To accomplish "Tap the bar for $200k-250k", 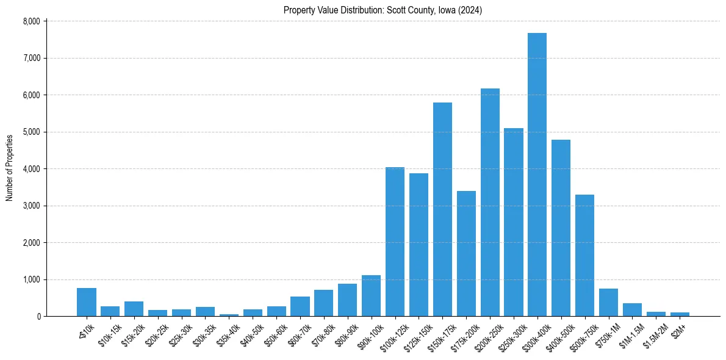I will pyautogui.click(x=490, y=202).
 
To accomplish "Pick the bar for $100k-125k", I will pyautogui.click(x=395, y=242).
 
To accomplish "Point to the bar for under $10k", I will pyautogui.click(x=87, y=302).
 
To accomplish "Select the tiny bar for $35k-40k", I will pyautogui.click(x=229, y=315).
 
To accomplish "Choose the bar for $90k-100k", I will pyautogui.click(x=371, y=296).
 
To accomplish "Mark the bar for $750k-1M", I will pyautogui.click(x=608, y=303).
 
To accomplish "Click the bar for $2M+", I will pyautogui.click(x=680, y=314).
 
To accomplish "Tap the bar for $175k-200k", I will pyautogui.click(x=466, y=253).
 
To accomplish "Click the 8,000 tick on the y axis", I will pyautogui.click(x=31, y=21).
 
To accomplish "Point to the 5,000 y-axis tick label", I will pyautogui.click(x=31, y=132).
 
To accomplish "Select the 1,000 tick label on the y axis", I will pyautogui.click(x=31, y=279).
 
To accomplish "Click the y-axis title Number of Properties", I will pyautogui.click(x=10, y=168).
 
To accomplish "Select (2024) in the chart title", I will pyautogui.click(x=473, y=10).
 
